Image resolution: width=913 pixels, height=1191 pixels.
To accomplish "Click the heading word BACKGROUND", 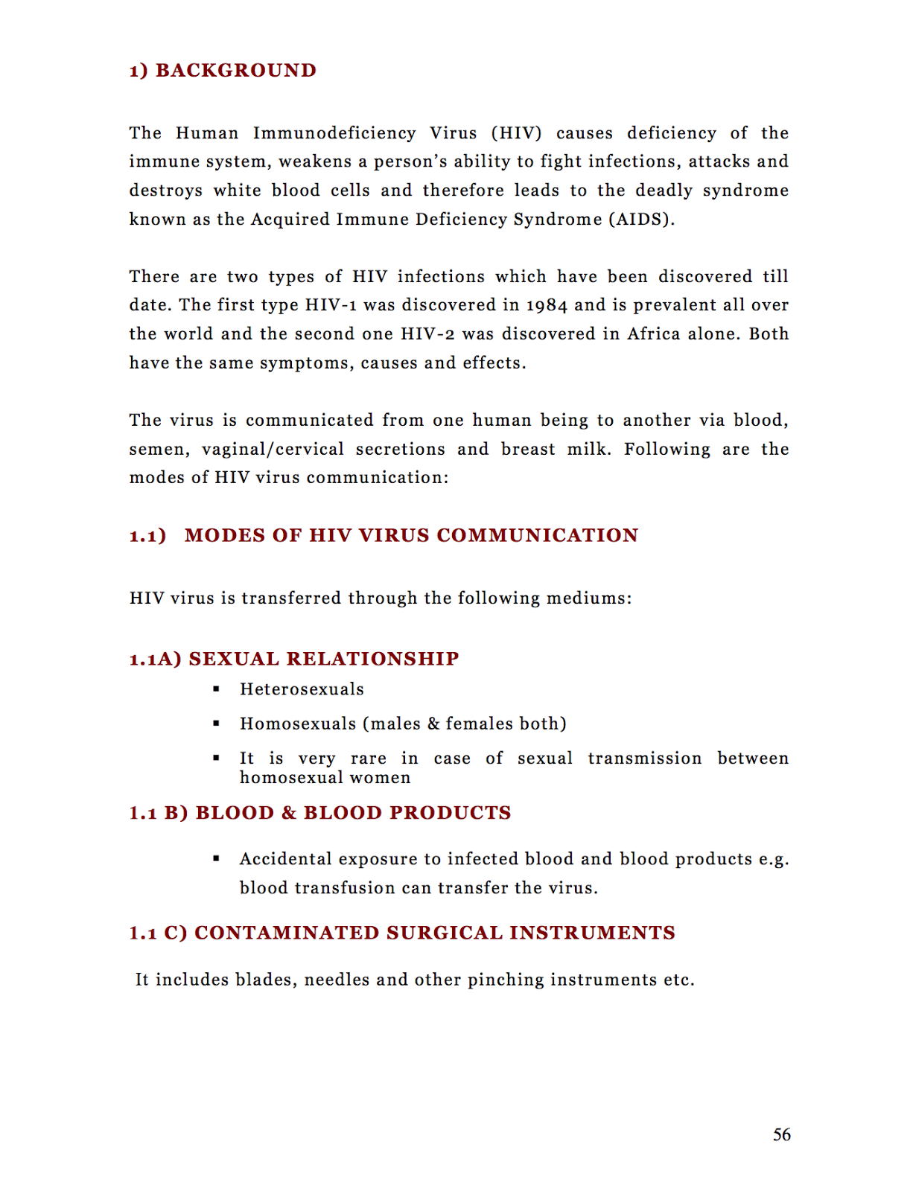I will [236, 71].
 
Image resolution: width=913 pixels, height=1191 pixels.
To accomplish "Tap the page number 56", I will [781, 1134].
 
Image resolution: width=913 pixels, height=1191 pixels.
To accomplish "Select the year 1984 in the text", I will [547, 305].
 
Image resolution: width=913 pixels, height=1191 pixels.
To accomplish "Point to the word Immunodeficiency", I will [334, 133].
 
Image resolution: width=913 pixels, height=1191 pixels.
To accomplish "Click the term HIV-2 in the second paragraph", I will [427, 334].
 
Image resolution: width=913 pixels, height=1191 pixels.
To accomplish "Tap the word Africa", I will [654, 334].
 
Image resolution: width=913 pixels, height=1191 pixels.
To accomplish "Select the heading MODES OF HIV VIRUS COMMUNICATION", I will [411, 535].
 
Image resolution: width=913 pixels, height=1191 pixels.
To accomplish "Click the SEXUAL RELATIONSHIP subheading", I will [324, 659].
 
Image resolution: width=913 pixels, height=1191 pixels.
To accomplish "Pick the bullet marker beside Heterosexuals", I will [216, 689].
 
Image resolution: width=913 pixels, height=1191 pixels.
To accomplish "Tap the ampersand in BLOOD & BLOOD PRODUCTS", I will [289, 813].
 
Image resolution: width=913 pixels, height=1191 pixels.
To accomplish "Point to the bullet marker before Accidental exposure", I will [216, 859].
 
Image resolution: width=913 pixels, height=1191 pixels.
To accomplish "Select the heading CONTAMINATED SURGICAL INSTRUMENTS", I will [435, 933].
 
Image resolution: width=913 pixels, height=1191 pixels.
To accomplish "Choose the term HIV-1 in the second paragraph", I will [331, 305].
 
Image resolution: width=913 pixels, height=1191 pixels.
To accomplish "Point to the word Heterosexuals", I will [302, 689].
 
